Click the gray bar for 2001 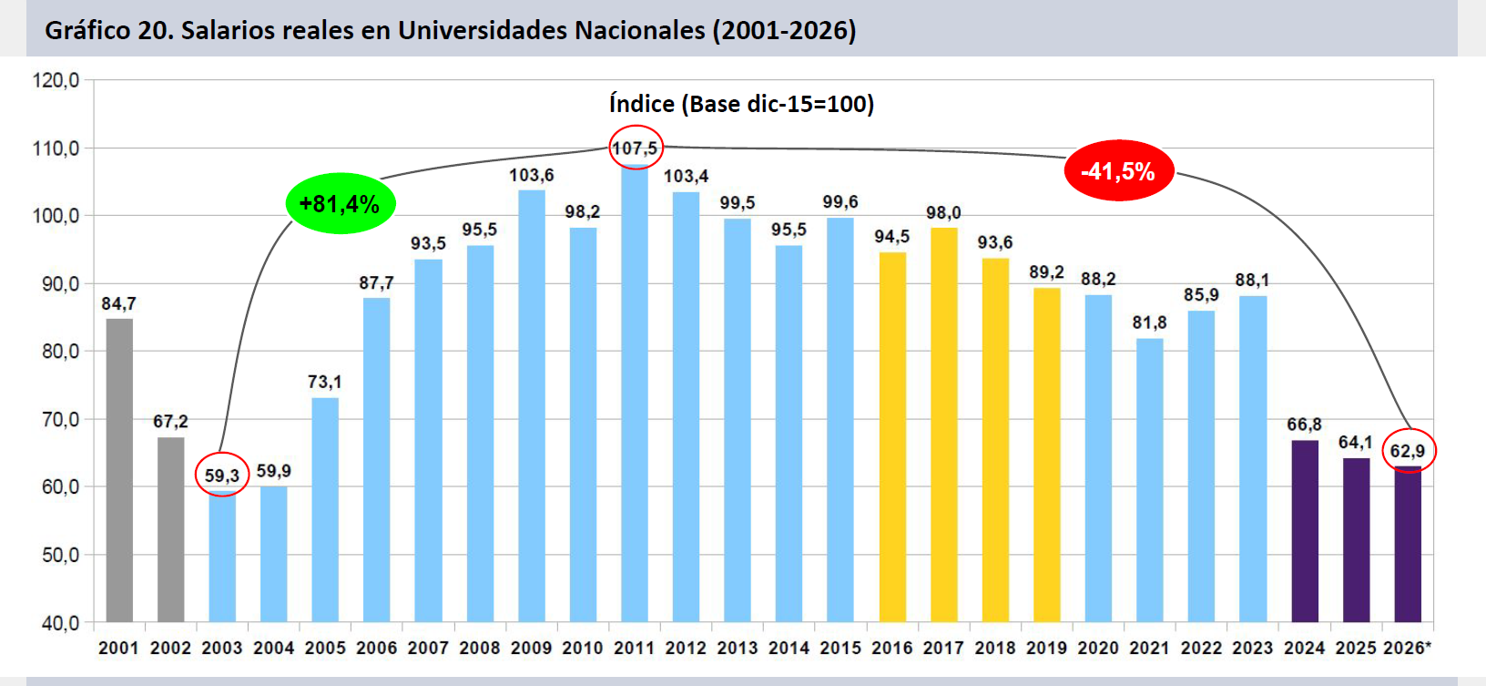coord(119,470)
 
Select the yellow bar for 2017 coord(944,425)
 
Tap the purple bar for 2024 coord(1305,531)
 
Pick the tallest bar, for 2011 coord(635,394)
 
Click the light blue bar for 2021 coord(1150,480)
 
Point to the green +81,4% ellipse coord(341,204)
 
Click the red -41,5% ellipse coord(1119,171)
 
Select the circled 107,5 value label coord(635,148)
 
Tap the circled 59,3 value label coord(222,475)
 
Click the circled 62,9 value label coord(1409,451)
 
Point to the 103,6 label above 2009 coord(532,175)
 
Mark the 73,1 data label coord(324,382)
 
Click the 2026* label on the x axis coord(1407,648)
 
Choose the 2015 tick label coord(840,648)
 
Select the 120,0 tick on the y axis coord(56,81)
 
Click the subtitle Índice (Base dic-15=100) coord(742,104)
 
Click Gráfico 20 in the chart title coord(108,30)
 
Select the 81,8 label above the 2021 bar coord(1150,323)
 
